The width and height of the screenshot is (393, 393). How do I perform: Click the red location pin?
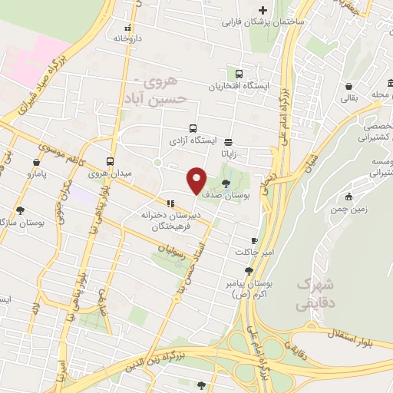197,180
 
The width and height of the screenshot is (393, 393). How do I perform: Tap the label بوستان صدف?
224,196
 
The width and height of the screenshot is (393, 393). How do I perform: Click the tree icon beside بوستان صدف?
225,183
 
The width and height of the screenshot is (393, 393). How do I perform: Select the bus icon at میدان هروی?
111,162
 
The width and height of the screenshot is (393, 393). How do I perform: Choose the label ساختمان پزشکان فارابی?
263,22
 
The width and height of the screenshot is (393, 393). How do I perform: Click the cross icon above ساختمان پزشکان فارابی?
263,10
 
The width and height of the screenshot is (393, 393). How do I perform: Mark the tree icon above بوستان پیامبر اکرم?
249,271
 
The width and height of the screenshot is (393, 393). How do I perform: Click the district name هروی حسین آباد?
161,89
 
